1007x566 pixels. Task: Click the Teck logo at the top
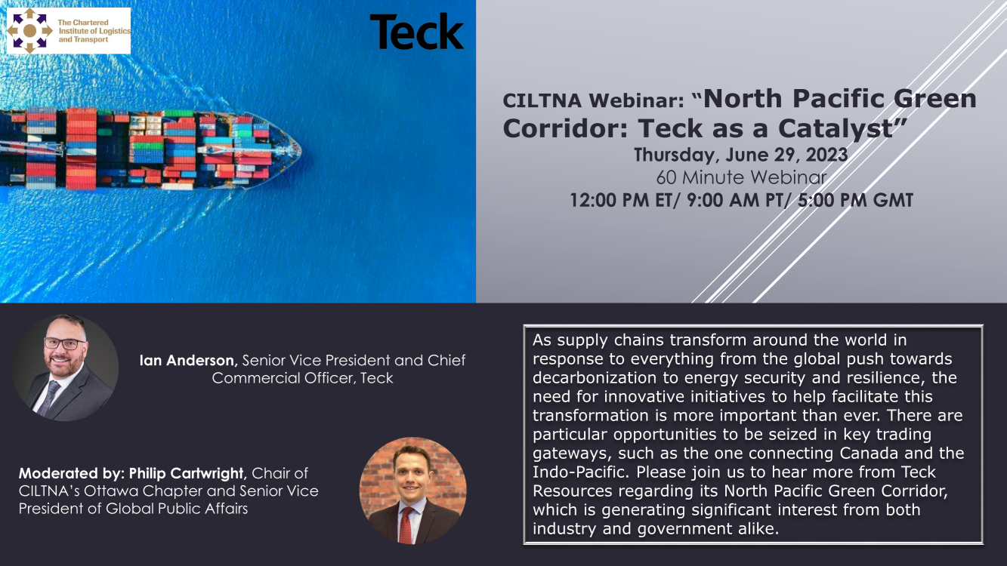(416, 32)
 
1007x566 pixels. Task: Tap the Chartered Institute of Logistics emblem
(29, 30)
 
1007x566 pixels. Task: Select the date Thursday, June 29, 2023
(741, 155)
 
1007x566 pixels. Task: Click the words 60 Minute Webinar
(741, 177)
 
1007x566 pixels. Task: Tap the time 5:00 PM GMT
(855, 200)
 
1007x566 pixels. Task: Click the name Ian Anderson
(187, 360)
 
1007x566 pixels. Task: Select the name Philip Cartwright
(187, 473)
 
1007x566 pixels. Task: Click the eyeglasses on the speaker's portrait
(64, 343)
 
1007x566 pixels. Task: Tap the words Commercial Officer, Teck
(302, 378)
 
